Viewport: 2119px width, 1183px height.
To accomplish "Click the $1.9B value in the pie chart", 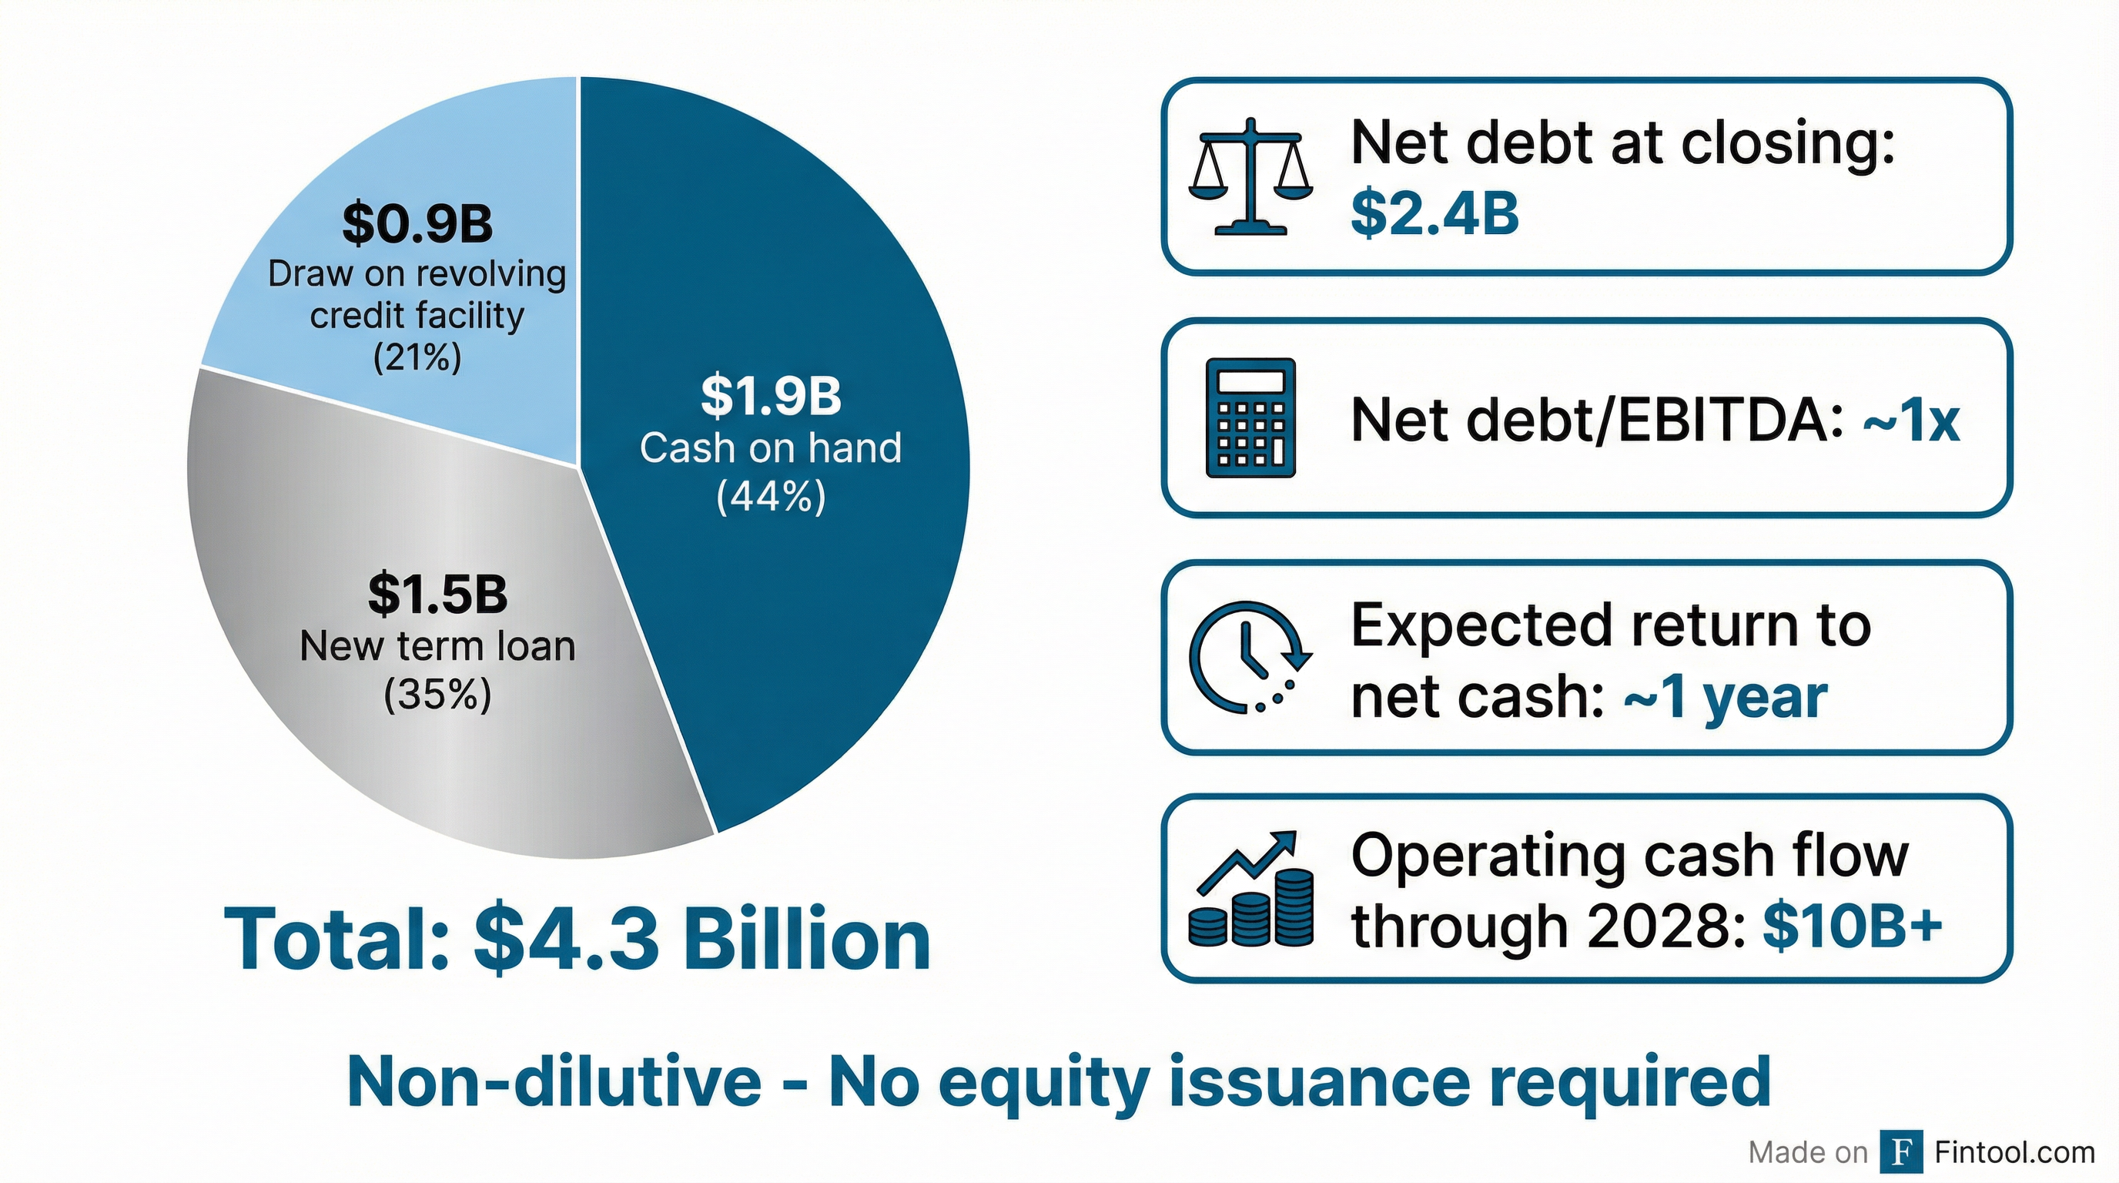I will pos(771,396).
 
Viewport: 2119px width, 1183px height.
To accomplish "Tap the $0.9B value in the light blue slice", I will pos(417,224).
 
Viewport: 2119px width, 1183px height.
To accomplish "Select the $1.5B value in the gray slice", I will pos(437,594).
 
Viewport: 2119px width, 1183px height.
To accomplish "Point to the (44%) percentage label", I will pos(771,498).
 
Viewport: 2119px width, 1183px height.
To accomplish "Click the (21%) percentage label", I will pos(417,358).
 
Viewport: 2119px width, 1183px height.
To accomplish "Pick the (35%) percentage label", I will pos(437,695).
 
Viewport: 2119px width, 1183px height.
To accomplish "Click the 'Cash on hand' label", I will pos(771,448).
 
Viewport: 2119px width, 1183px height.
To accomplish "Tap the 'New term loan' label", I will pos(437,647).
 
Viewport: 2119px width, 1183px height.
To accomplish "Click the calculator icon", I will pos(1250,418).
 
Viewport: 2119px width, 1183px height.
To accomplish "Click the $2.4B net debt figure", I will pos(1434,213).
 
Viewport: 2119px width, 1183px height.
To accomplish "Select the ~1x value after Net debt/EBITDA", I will pos(1911,421).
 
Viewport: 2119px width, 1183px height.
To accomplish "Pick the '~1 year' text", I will pos(1725,698).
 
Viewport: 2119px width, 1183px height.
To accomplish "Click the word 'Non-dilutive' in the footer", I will pos(554,1081).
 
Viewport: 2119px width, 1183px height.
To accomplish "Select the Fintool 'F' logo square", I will pos(1901,1152).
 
